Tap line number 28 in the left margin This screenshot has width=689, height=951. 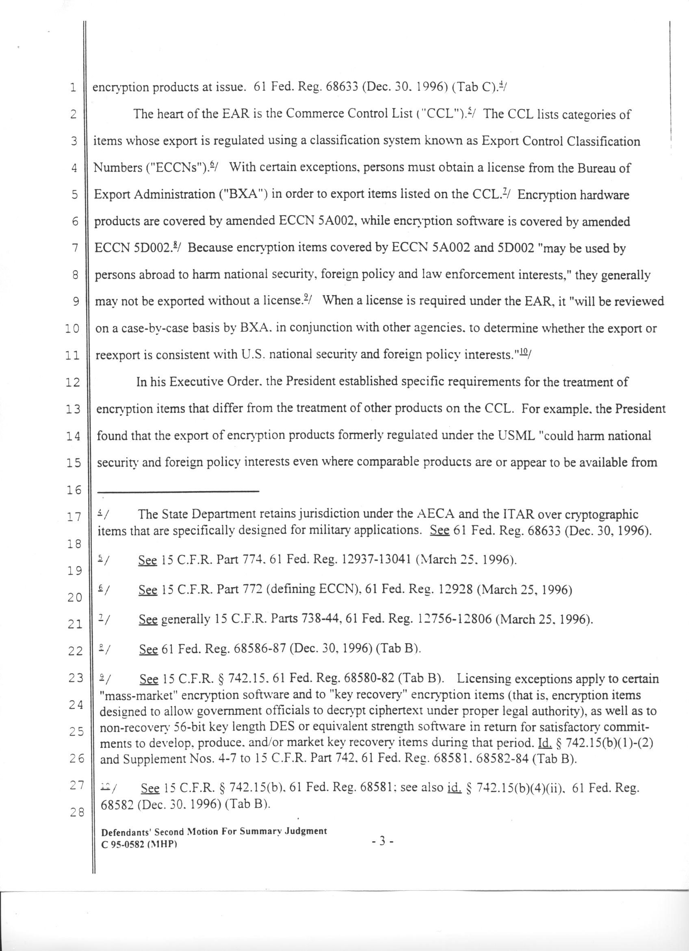click(x=76, y=812)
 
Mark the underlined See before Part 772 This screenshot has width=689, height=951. click(x=147, y=590)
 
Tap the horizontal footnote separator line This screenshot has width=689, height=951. click(x=178, y=491)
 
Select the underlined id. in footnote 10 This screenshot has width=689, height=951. click(x=455, y=789)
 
